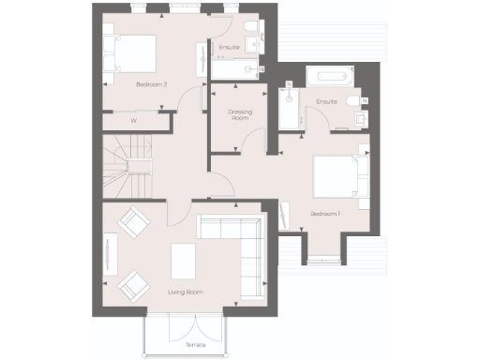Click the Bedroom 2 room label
click(x=151, y=84)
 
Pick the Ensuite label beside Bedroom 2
click(x=228, y=47)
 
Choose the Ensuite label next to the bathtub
click(x=326, y=101)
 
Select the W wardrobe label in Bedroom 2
click(x=134, y=121)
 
